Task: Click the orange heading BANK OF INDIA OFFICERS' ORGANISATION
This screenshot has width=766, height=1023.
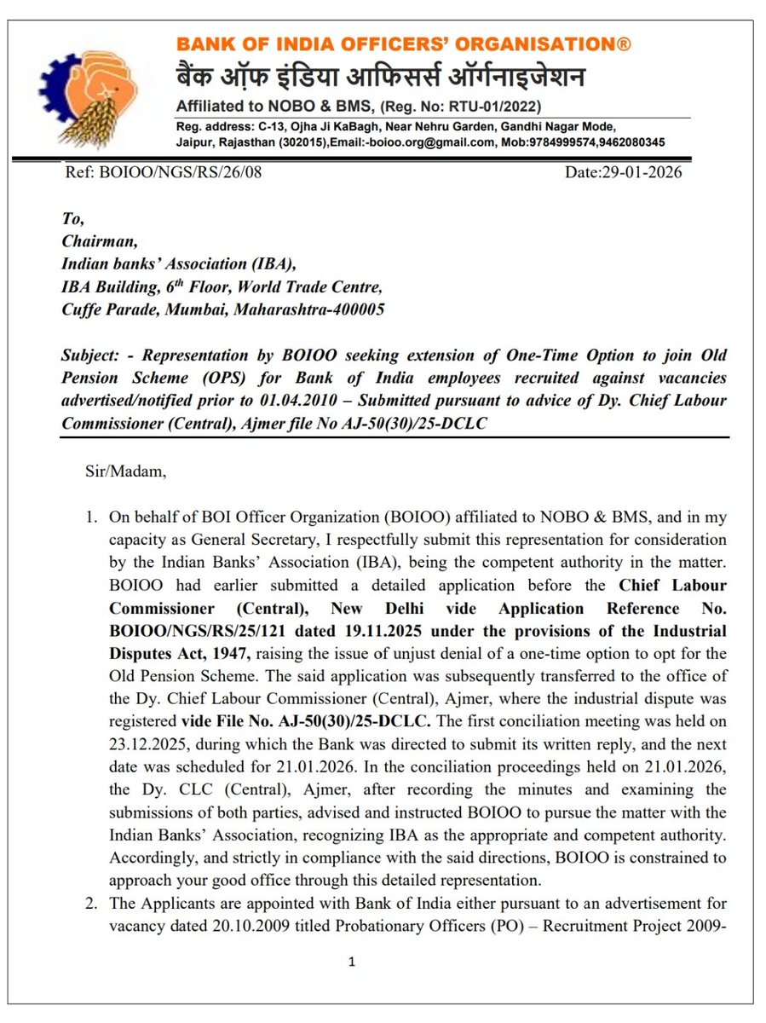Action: (403, 44)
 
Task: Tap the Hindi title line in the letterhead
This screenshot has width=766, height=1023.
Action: (380, 78)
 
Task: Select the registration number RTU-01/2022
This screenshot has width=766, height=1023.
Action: (494, 107)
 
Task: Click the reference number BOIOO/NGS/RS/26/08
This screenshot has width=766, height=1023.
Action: (164, 172)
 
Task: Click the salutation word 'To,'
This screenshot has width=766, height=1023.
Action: (73, 221)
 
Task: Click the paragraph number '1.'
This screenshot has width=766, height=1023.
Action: (89, 517)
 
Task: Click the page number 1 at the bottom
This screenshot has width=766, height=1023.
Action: (351, 962)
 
